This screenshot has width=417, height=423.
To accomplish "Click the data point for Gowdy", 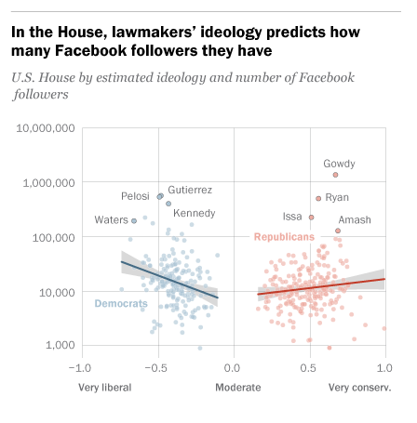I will [x=335, y=175].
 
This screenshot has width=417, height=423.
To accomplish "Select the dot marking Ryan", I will [x=318, y=198].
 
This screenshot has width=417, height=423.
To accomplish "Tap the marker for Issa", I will [x=311, y=218].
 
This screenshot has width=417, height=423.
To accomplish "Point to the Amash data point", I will [x=338, y=231].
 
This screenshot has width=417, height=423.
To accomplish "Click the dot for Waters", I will [x=134, y=221].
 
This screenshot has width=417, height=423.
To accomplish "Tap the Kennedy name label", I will [x=194, y=213].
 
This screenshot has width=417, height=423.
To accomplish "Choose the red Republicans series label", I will [x=283, y=237].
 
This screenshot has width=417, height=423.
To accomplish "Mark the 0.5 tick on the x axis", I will [x=309, y=368].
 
